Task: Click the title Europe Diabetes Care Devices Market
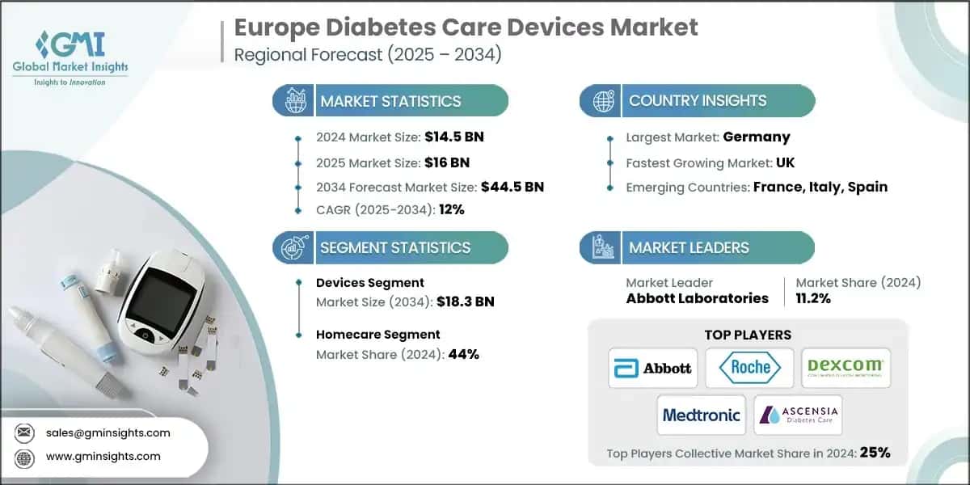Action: click(x=466, y=27)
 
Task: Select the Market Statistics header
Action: click(x=390, y=101)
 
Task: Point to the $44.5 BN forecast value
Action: click(x=512, y=187)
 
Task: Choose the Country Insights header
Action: click(x=698, y=101)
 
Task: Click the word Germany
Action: click(x=757, y=137)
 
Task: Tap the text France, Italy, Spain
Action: click(x=820, y=187)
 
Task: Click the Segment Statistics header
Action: click(x=395, y=247)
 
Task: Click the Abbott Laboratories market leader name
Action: click(x=697, y=298)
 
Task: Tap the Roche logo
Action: click(x=749, y=369)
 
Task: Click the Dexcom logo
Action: click(x=846, y=369)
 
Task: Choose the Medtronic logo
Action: click(x=701, y=415)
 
